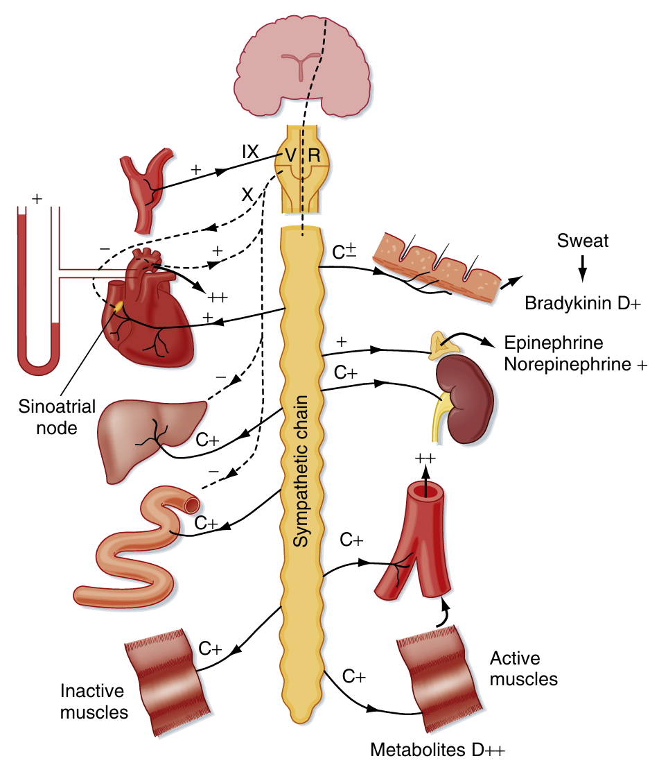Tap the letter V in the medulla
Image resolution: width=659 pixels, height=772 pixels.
pos(290,157)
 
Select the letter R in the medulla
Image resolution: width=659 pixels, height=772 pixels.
pos(314,157)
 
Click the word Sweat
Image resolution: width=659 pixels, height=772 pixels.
pos(583,241)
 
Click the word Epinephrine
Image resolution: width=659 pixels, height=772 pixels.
pos(554,343)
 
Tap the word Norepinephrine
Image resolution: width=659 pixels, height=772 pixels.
pos(568,365)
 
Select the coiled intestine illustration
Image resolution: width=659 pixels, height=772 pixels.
pos(139,548)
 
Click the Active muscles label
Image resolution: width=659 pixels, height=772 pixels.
pos(523,668)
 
